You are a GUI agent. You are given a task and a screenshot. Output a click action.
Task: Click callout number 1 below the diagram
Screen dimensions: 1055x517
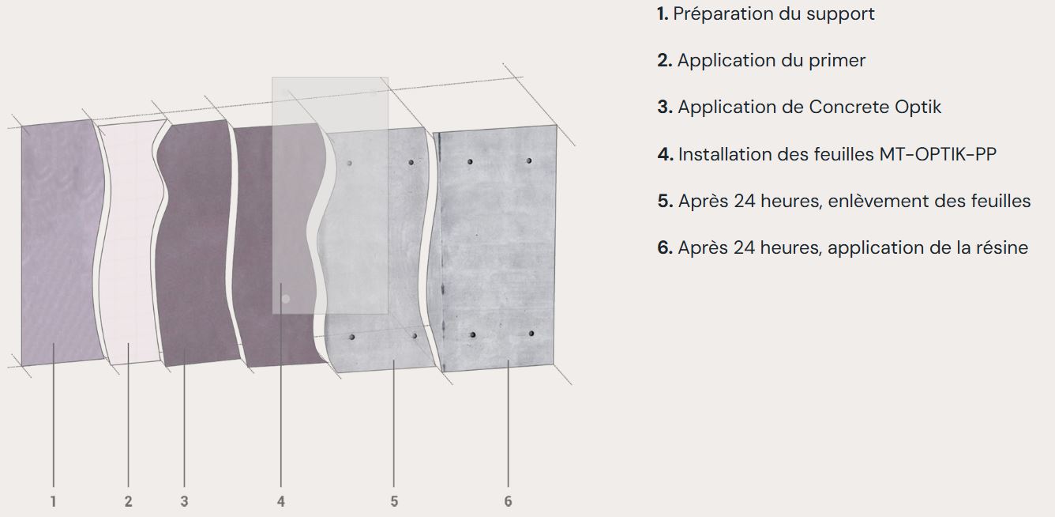tap(53, 501)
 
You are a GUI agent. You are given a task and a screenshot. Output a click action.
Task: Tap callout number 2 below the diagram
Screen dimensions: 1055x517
tap(128, 501)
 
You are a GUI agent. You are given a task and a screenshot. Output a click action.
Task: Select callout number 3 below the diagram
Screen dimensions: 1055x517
tap(184, 501)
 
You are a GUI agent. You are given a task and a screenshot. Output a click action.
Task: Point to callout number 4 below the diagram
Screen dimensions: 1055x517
tap(280, 501)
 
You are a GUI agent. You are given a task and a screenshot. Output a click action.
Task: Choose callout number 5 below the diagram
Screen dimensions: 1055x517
tap(394, 501)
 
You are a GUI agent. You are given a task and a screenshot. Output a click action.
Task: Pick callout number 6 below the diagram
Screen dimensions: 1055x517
tap(508, 501)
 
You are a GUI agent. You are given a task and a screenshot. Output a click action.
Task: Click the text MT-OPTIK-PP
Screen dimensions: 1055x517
tap(937, 154)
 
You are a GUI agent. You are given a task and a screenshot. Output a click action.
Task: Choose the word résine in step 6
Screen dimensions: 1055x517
tap(1001, 248)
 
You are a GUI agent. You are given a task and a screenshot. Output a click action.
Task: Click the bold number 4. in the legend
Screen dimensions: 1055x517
tap(666, 154)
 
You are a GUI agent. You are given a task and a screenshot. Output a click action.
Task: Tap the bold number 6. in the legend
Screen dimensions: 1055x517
tap(665, 248)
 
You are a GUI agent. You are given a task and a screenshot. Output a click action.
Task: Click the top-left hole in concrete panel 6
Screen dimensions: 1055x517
tap(470, 161)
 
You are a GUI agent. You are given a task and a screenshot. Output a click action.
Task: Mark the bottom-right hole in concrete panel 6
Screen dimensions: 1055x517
tap(531, 333)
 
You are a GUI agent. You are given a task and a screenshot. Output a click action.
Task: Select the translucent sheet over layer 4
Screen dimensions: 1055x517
tap(330, 195)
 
